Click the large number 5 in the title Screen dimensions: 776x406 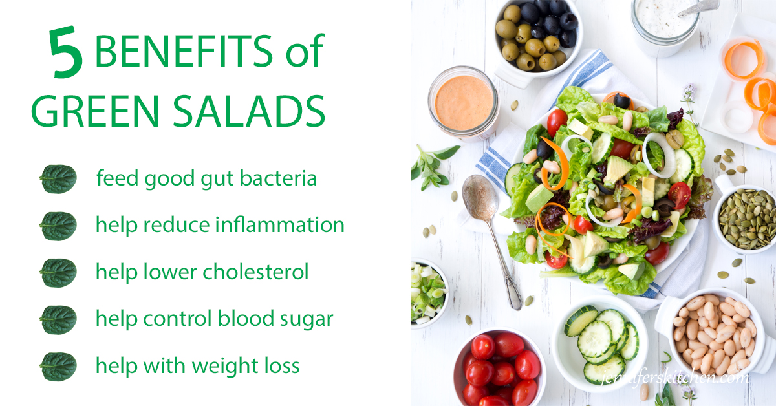pyautogui.click(x=66, y=52)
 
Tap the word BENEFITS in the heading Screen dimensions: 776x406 pyautogui.click(x=184, y=50)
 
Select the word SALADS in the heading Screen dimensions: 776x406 pyautogui.click(x=249, y=111)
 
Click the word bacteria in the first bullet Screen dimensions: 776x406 pyautogui.click(x=278, y=178)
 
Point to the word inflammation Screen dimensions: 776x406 pyautogui.click(x=279, y=224)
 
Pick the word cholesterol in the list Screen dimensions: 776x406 pyautogui.click(x=255, y=272)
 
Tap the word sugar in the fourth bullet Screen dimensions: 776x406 pyautogui.click(x=307, y=319)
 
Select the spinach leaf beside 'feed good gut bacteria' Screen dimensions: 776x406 pyautogui.click(x=58, y=178)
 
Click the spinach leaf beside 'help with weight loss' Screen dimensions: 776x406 pyautogui.click(x=58, y=367)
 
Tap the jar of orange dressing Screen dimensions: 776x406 pyautogui.click(x=464, y=103)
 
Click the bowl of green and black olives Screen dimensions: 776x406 pyautogui.click(x=538, y=38)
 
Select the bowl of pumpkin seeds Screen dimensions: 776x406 pyautogui.click(x=745, y=219)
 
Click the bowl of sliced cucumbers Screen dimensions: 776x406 pyautogui.click(x=601, y=343)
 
